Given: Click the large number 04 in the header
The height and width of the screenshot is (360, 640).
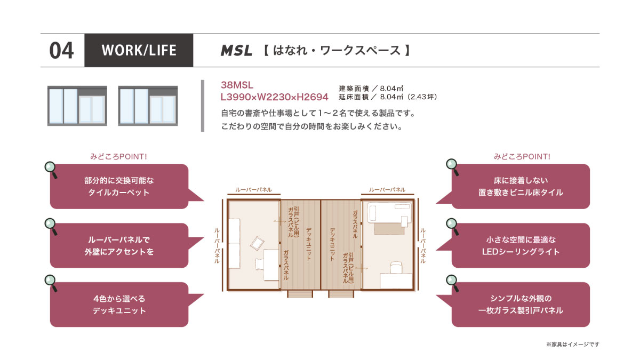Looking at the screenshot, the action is coord(61,51).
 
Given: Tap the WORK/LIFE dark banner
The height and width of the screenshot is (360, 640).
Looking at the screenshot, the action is coord(139,50).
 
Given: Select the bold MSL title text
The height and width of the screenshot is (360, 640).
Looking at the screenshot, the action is coord(236,51).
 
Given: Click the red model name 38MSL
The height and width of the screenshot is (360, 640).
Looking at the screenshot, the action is coord(237,85).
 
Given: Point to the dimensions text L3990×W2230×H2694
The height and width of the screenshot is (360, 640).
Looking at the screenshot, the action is coord(274,97).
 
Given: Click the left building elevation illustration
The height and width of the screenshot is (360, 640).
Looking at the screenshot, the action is coord(77,106).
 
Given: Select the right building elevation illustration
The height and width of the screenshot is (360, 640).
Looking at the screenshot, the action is coord(148,106).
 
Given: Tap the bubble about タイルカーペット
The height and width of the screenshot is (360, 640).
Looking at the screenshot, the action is coord(119,186).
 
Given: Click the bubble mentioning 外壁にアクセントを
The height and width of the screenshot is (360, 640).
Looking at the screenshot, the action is coord(119,245).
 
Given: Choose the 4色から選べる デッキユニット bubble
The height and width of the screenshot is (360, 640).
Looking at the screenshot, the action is coord(119,305).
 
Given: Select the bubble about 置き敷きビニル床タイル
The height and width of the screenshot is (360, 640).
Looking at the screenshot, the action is coord(521,186).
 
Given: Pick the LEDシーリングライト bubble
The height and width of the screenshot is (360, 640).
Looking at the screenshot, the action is coord(521,245).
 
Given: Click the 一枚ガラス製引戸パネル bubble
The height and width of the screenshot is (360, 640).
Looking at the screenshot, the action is coord(521,305).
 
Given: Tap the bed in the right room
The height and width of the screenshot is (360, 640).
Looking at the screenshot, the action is coord(390,212).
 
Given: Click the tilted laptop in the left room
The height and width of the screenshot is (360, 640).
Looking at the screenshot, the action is coord(258,243).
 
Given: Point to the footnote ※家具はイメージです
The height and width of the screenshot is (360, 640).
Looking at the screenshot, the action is coord(573,345).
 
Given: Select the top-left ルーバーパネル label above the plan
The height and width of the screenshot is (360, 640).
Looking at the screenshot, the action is coord(253,190).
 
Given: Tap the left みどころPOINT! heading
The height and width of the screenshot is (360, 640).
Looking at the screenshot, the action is coord(118,157).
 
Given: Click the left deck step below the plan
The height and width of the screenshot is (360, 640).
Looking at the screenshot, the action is coord(300,294).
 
